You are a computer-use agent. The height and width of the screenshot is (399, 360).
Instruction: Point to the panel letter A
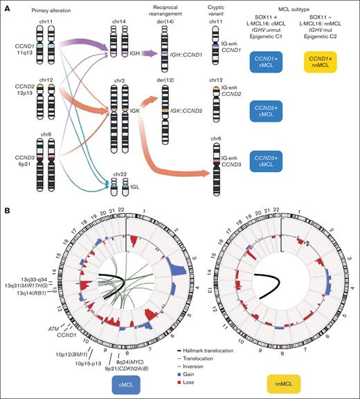pos(6,8)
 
